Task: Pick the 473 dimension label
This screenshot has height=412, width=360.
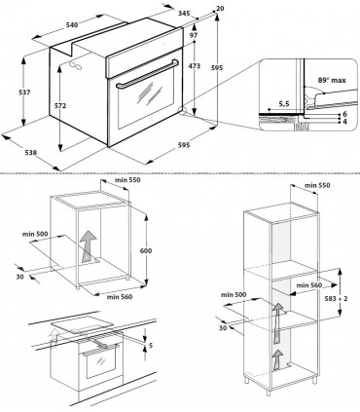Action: click(x=195, y=65)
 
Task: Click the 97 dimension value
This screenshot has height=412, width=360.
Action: click(x=195, y=35)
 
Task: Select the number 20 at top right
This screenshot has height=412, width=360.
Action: click(x=220, y=8)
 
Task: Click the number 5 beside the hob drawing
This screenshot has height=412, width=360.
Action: click(x=149, y=344)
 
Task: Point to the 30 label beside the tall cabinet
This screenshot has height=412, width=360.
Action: click(x=226, y=327)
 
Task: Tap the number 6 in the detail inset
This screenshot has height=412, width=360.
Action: click(x=344, y=114)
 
